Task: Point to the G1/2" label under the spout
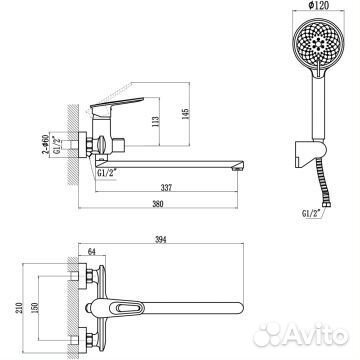(x=101, y=171)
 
